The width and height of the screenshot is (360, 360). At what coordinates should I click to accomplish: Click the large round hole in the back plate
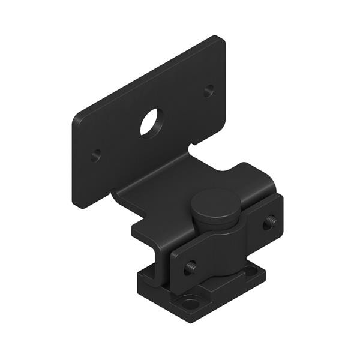tap(151, 122)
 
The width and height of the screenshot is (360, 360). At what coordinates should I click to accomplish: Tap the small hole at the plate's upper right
tap(208, 91)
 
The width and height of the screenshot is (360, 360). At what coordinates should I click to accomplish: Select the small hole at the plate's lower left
tap(96, 155)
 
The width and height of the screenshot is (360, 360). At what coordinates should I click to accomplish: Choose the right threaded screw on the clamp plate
tap(269, 222)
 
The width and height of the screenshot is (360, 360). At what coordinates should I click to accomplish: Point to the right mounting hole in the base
tap(251, 271)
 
